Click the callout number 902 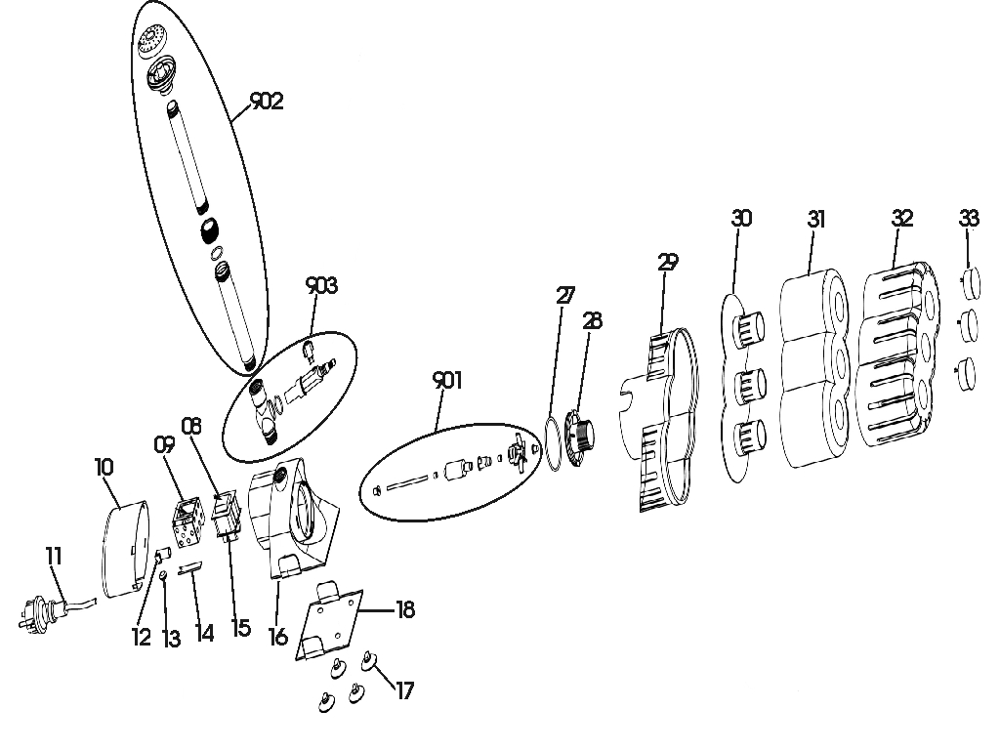[267, 102]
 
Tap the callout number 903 [321, 285]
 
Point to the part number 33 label [969, 218]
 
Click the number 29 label [668, 262]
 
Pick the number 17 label [403, 691]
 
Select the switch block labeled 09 [186, 519]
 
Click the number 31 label [816, 219]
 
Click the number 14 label [204, 633]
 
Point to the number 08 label [190, 426]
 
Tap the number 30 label [741, 218]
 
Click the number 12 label [142, 638]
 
